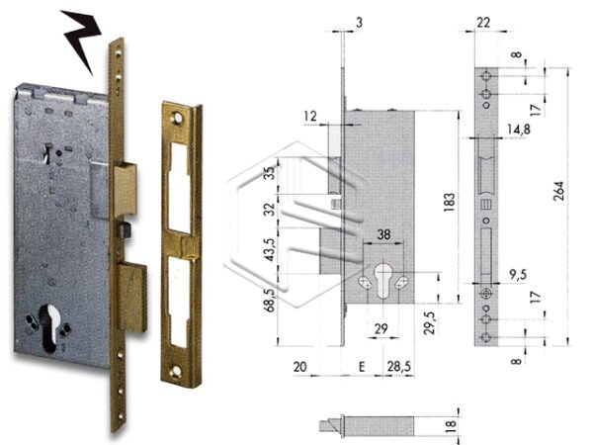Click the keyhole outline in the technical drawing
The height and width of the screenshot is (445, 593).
tap(384, 281)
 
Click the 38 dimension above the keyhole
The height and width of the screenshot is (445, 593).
tap(383, 236)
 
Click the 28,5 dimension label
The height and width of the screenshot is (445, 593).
tap(398, 367)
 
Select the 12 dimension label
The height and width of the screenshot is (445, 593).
tap(311, 117)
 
